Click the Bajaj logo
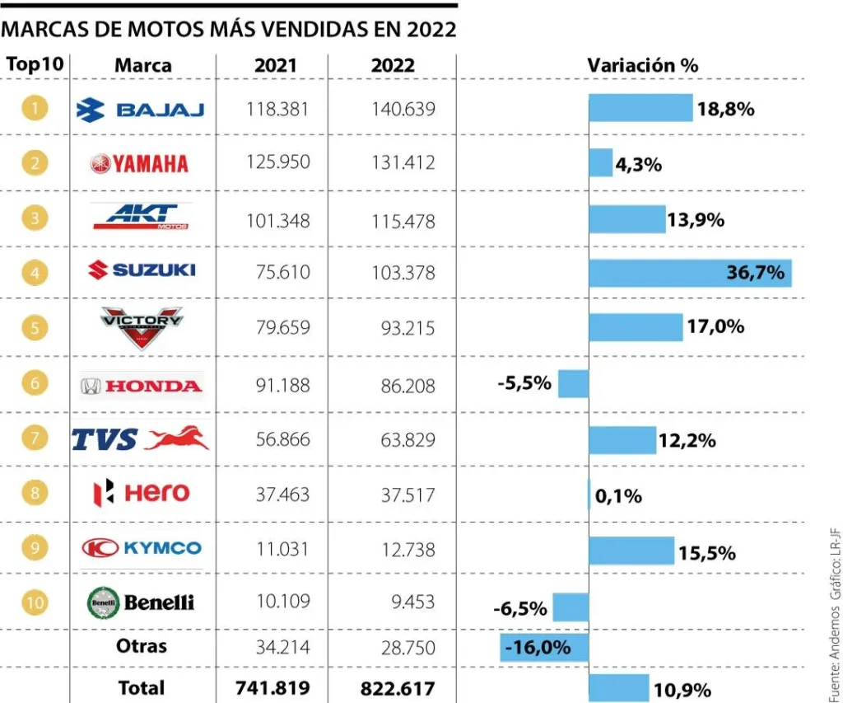(x=140, y=110)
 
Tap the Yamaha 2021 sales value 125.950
(x=278, y=162)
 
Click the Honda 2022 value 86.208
(x=408, y=386)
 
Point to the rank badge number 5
(x=35, y=327)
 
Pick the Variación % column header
(x=642, y=65)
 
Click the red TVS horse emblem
(x=177, y=438)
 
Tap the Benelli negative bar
(x=571, y=607)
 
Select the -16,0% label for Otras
(x=538, y=647)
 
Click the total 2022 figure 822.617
(x=398, y=688)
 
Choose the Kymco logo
(x=142, y=548)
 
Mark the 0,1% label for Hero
(x=618, y=496)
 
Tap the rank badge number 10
(x=35, y=602)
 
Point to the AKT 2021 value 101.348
(x=278, y=221)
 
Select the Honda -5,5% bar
(x=573, y=384)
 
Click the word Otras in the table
(x=142, y=646)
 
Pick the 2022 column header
(x=393, y=66)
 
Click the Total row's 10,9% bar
(x=619, y=688)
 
